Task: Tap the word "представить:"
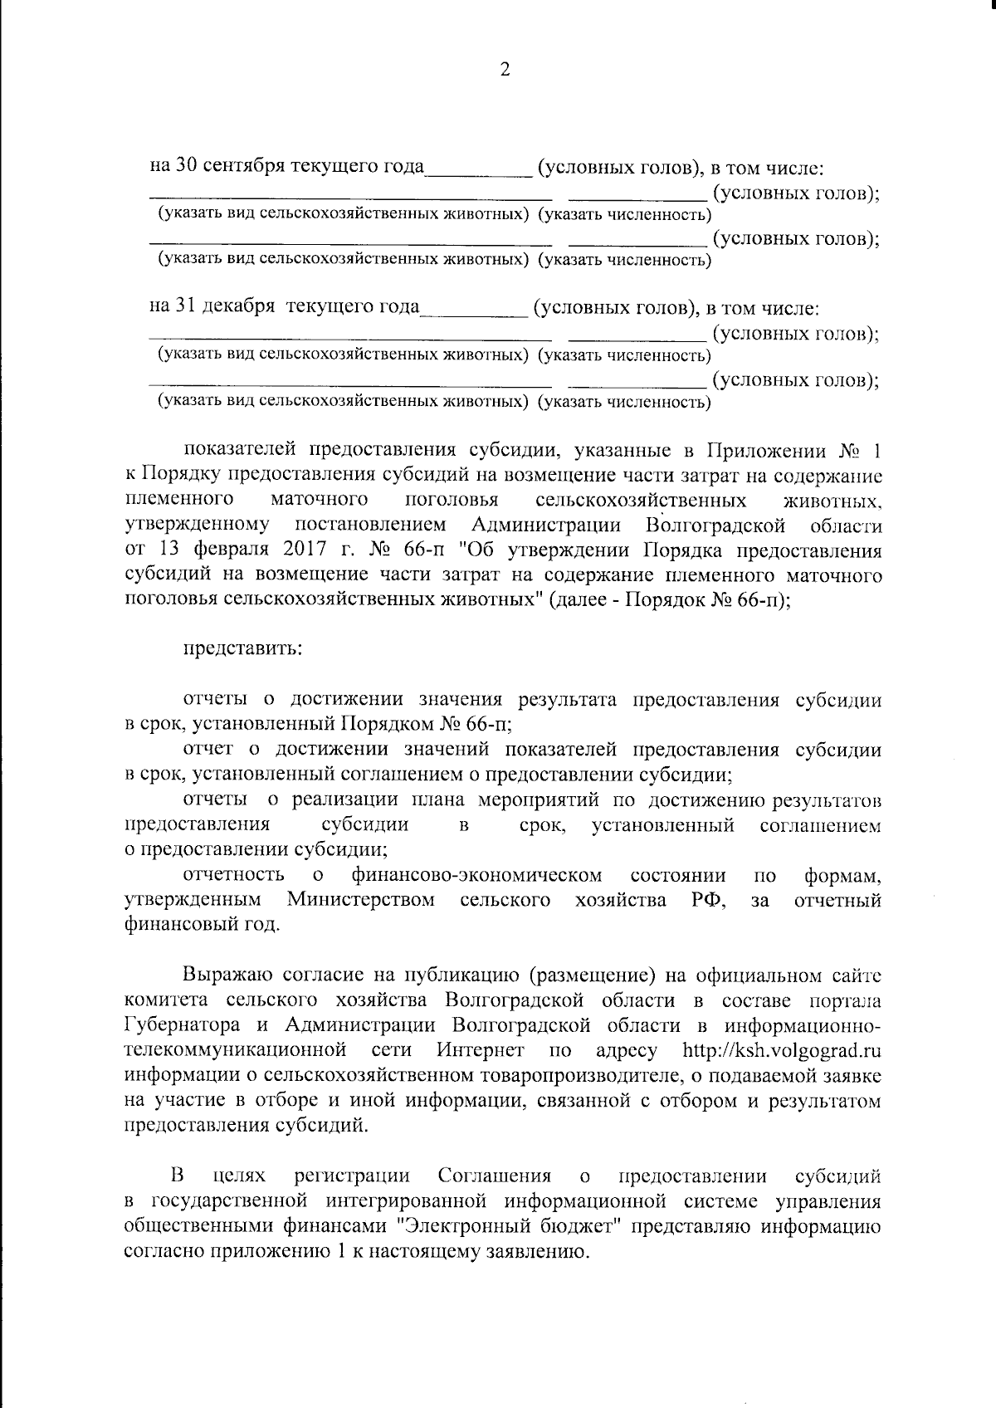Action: pos(242,648)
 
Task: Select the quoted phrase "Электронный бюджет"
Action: pos(504,1227)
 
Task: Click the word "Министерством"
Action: pos(361,900)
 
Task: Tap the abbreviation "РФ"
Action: pos(709,900)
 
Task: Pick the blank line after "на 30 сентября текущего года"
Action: pos(479,172)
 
